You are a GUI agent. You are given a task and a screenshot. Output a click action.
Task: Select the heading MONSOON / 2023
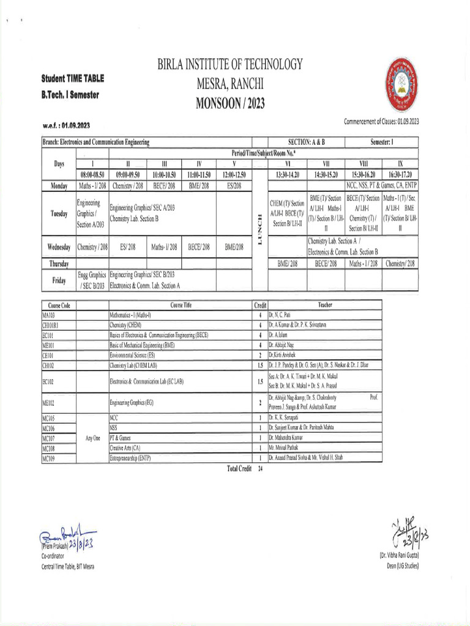pyautogui.click(x=230, y=103)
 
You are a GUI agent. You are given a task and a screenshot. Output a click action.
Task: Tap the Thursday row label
pyautogui.click(x=59, y=263)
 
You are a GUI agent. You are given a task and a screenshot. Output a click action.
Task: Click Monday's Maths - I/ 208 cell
pyautogui.click(x=92, y=185)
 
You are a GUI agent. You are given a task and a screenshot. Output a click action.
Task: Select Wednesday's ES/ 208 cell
pyautogui.click(x=128, y=247)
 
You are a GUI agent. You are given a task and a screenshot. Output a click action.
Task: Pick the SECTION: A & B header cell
pyautogui.click(x=298, y=142)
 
